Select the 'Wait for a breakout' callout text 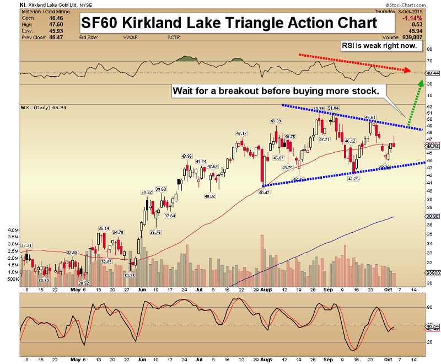pyautogui.click(x=275, y=90)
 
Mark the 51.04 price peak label pyautogui.click(x=333, y=108)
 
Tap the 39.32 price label pyautogui.click(x=146, y=192)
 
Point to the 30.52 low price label pyautogui.click(x=84, y=282)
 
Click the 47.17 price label pyautogui.click(x=241, y=133)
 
